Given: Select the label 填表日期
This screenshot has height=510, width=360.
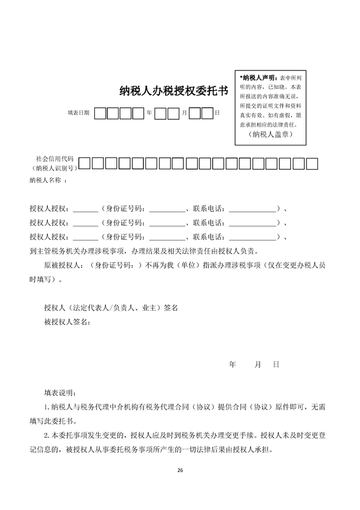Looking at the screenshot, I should pos(78,113).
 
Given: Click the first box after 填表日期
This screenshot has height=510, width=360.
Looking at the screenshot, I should pos(100,113).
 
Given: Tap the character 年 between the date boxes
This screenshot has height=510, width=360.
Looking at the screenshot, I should pos(149,113).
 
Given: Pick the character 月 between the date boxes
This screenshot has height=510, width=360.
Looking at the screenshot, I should pos(184,113).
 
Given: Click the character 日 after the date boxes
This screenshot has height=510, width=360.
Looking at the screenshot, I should pos(217,113).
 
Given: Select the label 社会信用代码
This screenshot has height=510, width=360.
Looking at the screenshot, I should pos(55,159).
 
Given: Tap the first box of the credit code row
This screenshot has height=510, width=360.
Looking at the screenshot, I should pos(85,164).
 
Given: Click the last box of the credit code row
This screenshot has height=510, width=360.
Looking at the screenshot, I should pos(312,164).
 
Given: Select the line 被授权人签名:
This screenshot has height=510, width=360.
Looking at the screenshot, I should pos(67,322).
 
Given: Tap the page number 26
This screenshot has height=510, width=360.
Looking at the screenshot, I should pos(180,470).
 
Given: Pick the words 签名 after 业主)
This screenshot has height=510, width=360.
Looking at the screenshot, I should pos(171,308).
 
